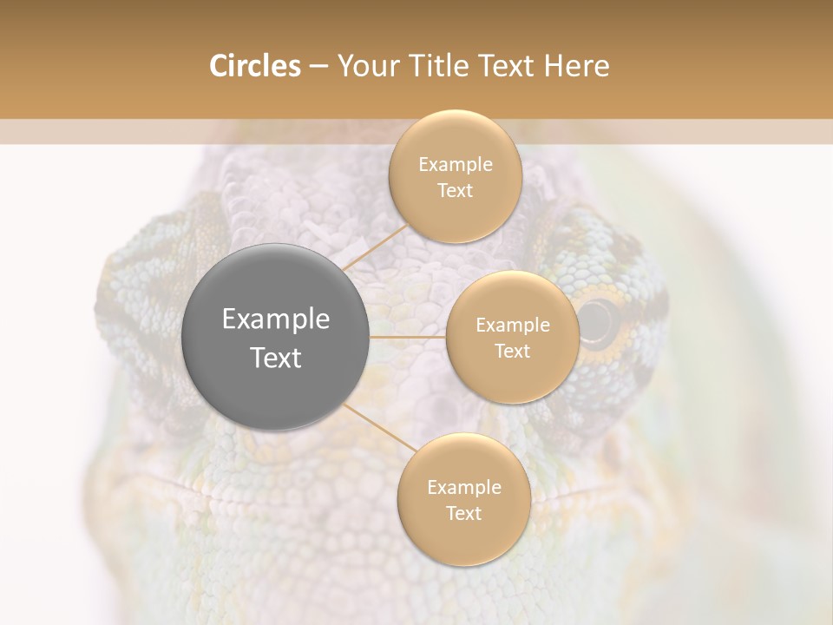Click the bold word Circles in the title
click(x=254, y=66)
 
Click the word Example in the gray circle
click(x=276, y=319)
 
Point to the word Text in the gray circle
click(x=276, y=358)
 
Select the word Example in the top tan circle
click(x=455, y=165)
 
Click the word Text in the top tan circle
click(x=455, y=190)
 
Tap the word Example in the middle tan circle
click(x=512, y=326)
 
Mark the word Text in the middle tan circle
click(x=512, y=351)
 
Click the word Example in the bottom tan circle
click(x=463, y=488)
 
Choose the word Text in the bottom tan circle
click(x=463, y=513)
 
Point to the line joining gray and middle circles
click(x=408, y=336)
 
